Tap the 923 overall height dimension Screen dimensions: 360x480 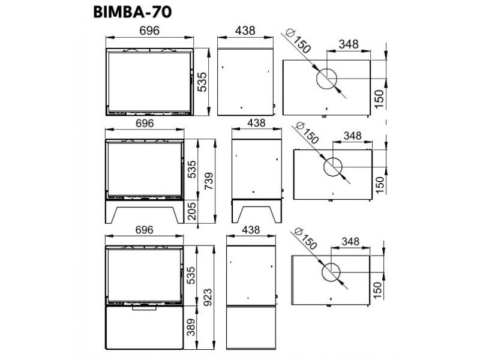click(208, 293)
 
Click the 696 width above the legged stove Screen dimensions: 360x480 click(145, 123)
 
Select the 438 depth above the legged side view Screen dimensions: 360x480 click(256, 123)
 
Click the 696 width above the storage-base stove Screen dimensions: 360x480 click(145, 230)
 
